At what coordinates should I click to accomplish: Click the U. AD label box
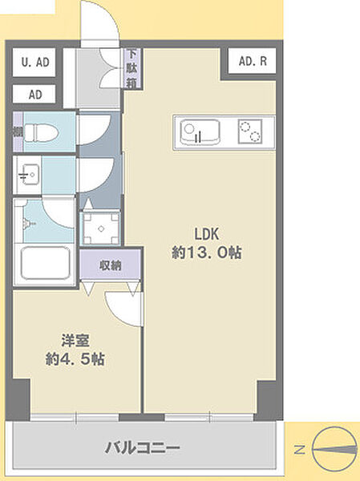pyautogui.click(x=34, y=63)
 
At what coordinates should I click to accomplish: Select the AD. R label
pyautogui.click(x=253, y=62)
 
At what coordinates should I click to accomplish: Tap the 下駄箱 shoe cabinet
pyautogui.click(x=132, y=68)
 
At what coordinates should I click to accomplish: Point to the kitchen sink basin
pyautogui.click(x=200, y=132)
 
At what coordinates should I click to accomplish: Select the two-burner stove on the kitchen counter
pyautogui.click(x=250, y=131)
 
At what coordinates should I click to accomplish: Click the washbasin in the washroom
pyautogui.click(x=28, y=174)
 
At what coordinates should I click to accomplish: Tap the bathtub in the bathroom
pyautogui.click(x=46, y=263)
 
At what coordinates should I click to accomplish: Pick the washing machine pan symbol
pyautogui.click(x=101, y=228)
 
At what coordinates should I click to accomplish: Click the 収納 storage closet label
pyautogui.click(x=111, y=265)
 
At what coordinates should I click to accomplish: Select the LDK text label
pyautogui.click(x=207, y=234)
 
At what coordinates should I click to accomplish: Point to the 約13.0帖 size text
pyautogui.click(x=207, y=253)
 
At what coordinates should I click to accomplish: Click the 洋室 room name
pyautogui.click(x=75, y=341)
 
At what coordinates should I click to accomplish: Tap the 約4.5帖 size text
pyautogui.click(x=75, y=359)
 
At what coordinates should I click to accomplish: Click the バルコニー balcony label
pyautogui.click(x=143, y=448)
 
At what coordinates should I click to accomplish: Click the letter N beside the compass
pyautogui.click(x=300, y=450)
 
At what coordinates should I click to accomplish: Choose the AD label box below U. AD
pyautogui.click(x=34, y=94)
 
